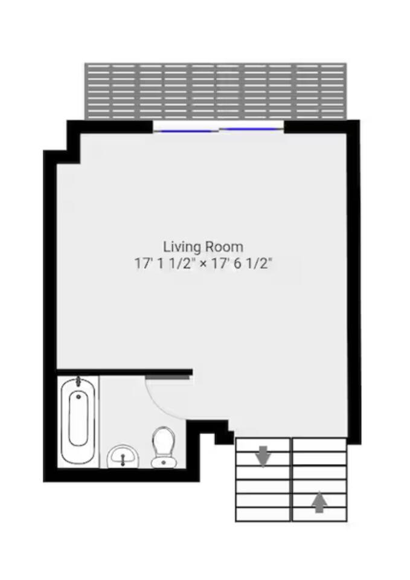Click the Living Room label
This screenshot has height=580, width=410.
203,246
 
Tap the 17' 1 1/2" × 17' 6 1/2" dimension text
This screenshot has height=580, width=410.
203,263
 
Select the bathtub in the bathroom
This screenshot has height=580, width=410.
78,420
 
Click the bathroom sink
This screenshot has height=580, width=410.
123,457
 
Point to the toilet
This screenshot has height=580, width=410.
163,448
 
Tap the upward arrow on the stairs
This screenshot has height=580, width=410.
319,502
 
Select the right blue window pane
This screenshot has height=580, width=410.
251,129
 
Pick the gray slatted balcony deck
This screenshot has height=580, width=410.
216,91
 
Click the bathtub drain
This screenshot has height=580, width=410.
78,396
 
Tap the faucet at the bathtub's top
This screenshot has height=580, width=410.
78,381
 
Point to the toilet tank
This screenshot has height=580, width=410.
163,462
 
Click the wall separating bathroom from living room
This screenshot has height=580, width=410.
124,372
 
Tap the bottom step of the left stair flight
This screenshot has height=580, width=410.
263,514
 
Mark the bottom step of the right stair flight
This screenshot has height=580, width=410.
319,514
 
